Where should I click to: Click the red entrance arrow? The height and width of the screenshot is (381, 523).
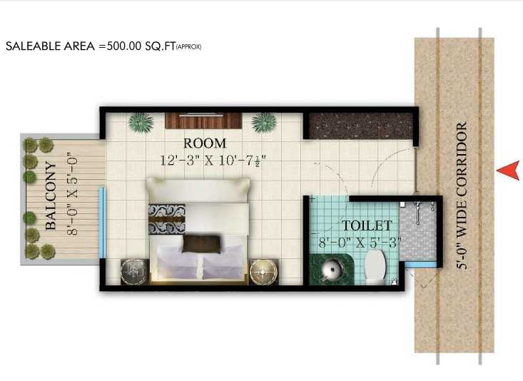tap(508, 171)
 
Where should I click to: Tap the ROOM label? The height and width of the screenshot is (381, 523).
tap(205, 143)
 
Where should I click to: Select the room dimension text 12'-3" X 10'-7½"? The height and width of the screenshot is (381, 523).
tap(213, 161)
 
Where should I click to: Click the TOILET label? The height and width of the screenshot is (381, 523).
tap(367, 225)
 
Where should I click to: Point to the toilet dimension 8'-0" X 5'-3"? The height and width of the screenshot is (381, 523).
tap(359, 242)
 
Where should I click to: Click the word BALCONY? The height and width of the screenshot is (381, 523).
tap(51, 195)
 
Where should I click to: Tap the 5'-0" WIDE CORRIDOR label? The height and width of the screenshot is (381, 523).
tap(462, 195)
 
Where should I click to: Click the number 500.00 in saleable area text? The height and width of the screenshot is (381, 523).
tap(124, 46)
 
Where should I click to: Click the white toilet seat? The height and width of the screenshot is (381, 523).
tap(375, 268)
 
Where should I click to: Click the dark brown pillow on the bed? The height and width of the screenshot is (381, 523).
tap(202, 243)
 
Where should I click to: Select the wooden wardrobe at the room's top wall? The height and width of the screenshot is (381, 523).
tap(203, 121)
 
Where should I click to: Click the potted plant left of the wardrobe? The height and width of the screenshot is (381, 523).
tap(141, 123)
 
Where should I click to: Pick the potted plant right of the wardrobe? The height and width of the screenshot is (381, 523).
tap(264, 123)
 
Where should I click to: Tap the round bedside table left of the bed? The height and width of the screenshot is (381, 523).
tap(134, 272)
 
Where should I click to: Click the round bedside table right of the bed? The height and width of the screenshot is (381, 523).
tap(263, 273)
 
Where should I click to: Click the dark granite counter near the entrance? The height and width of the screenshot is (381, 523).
tap(361, 126)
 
